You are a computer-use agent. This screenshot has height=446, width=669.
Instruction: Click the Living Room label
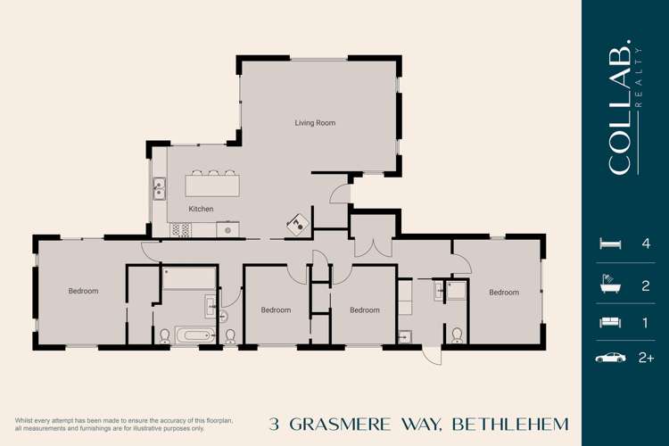[x=315, y=123]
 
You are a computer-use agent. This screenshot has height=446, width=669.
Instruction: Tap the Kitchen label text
[x=201, y=209]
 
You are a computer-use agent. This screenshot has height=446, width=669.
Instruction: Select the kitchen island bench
[x=212, y=185]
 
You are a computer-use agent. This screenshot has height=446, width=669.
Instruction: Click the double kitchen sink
[x=159, y=188]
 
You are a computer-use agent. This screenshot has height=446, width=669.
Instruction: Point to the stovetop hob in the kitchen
[x=181, y=229]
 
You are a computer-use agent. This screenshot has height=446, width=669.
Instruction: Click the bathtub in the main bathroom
[x=193, y=335]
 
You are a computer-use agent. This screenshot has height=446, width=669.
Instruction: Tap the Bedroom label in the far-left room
[x=83, y=291]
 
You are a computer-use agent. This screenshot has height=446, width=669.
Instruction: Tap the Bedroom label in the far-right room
[x=503, y=292]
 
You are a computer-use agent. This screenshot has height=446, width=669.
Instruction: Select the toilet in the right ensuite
[x=457, y=334]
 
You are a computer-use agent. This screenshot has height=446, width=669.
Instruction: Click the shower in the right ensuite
[x=456, y=291]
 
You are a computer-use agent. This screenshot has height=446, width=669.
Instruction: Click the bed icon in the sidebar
[x=610, y=244]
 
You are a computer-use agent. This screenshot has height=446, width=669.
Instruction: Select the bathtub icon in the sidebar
[x=610, y=285]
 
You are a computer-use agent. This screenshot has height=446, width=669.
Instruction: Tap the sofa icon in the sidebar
[x=610, y=321]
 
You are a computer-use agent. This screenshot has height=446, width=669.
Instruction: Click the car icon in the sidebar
[x=610, y=358]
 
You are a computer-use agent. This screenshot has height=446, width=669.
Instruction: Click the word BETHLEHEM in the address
[x=510, y=424]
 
